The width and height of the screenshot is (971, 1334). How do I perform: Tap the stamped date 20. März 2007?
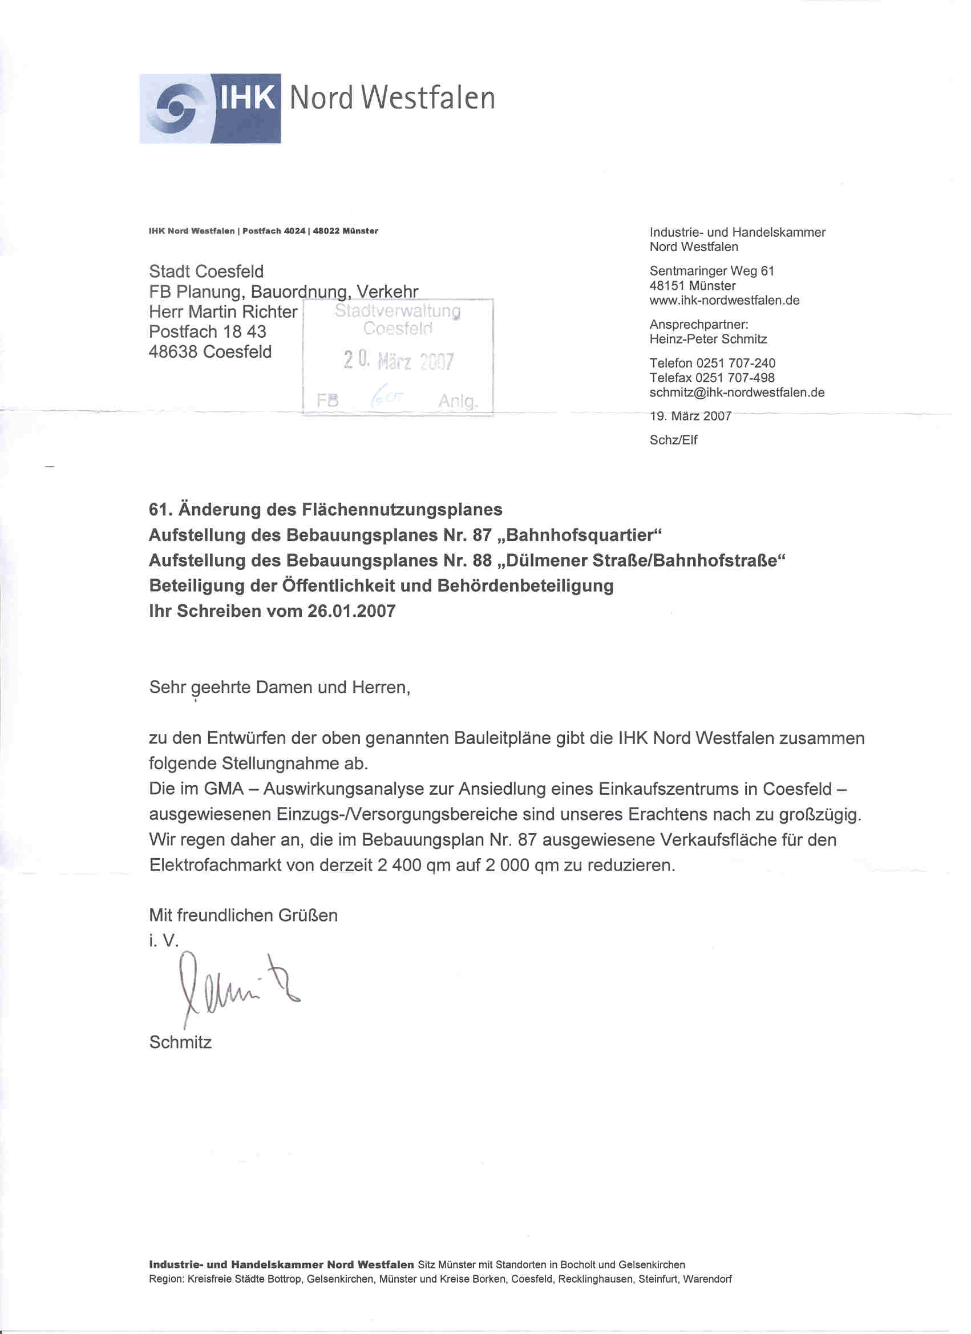[x=398, y=360]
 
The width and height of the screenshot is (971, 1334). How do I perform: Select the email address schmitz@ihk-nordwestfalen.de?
[x=737, y=393]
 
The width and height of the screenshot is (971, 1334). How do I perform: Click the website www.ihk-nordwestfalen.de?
[x=724, y=300]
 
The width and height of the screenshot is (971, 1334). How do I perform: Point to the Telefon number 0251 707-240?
[x=735, y=363]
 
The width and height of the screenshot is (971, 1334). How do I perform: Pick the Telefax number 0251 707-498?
[x=735, y=378]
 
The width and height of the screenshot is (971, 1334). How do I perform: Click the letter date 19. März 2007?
[x=690, y=416]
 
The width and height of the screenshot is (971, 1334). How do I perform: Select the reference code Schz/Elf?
[x=673, y=440]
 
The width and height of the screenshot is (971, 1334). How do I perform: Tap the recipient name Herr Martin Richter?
[x=223, y=311]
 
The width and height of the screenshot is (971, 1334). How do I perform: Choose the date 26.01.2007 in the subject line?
[x=351, y=611]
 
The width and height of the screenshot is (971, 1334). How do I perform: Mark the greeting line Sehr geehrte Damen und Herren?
[x=280, y=687]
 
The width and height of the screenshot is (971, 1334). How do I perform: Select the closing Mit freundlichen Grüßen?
[x=243, y=915]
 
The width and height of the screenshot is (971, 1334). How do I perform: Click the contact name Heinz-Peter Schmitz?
[x=707, y=339]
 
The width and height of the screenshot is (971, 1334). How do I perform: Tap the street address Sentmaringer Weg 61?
[x=711, y=270]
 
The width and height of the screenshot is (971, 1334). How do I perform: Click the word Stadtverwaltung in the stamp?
[x=398, y=310]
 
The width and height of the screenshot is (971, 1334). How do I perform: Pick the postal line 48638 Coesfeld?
[x=210, y=351]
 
